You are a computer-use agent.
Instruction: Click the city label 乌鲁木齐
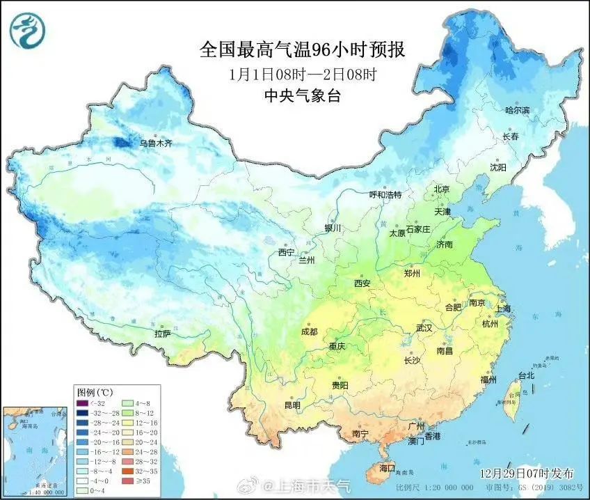[155, 143]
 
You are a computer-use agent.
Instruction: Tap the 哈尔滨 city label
[517, 111]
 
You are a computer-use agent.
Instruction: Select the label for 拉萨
[162, 334]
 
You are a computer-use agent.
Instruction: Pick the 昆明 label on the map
[292, 405]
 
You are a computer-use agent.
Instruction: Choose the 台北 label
[525, 375]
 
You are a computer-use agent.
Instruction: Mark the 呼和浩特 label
[385, 195]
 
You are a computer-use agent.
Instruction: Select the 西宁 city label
[286, 252]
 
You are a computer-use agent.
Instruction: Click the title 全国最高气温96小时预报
[302, 49]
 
